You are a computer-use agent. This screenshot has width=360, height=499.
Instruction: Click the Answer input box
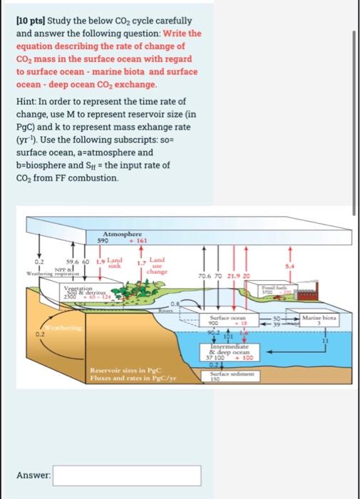tap(126, 476)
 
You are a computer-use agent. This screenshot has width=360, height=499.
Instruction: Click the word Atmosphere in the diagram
tap(123, 235)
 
